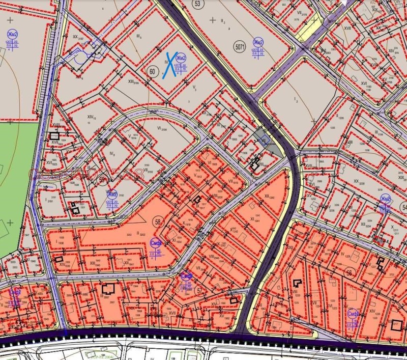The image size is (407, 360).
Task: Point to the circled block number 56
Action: click(x=349, y=273)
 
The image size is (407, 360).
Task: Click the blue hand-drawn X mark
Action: click(x=168, y=65)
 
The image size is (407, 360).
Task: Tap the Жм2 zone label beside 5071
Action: click(x=259, y=42)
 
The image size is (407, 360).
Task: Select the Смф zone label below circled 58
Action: click(x=156, y=244)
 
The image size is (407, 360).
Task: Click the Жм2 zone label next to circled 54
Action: click(x=386, y=199)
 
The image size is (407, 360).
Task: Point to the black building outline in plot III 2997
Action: click(x=108, y=289)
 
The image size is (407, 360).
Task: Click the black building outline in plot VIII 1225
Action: click(x=296, y=284)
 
